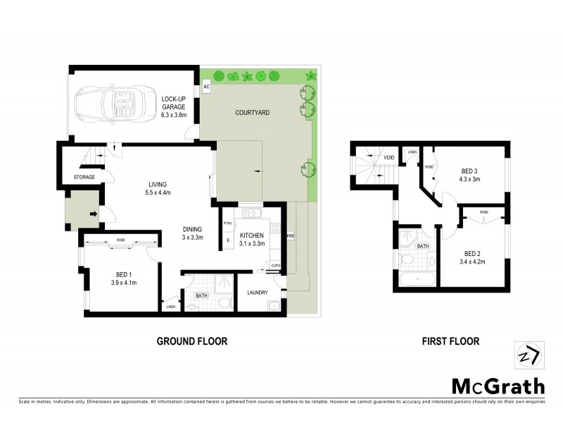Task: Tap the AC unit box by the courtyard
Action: tap(207, 87)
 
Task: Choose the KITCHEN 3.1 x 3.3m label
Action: tap(251, 240)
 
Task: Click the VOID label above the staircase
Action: tap(388, 158)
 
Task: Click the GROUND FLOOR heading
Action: tap(191, 341)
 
